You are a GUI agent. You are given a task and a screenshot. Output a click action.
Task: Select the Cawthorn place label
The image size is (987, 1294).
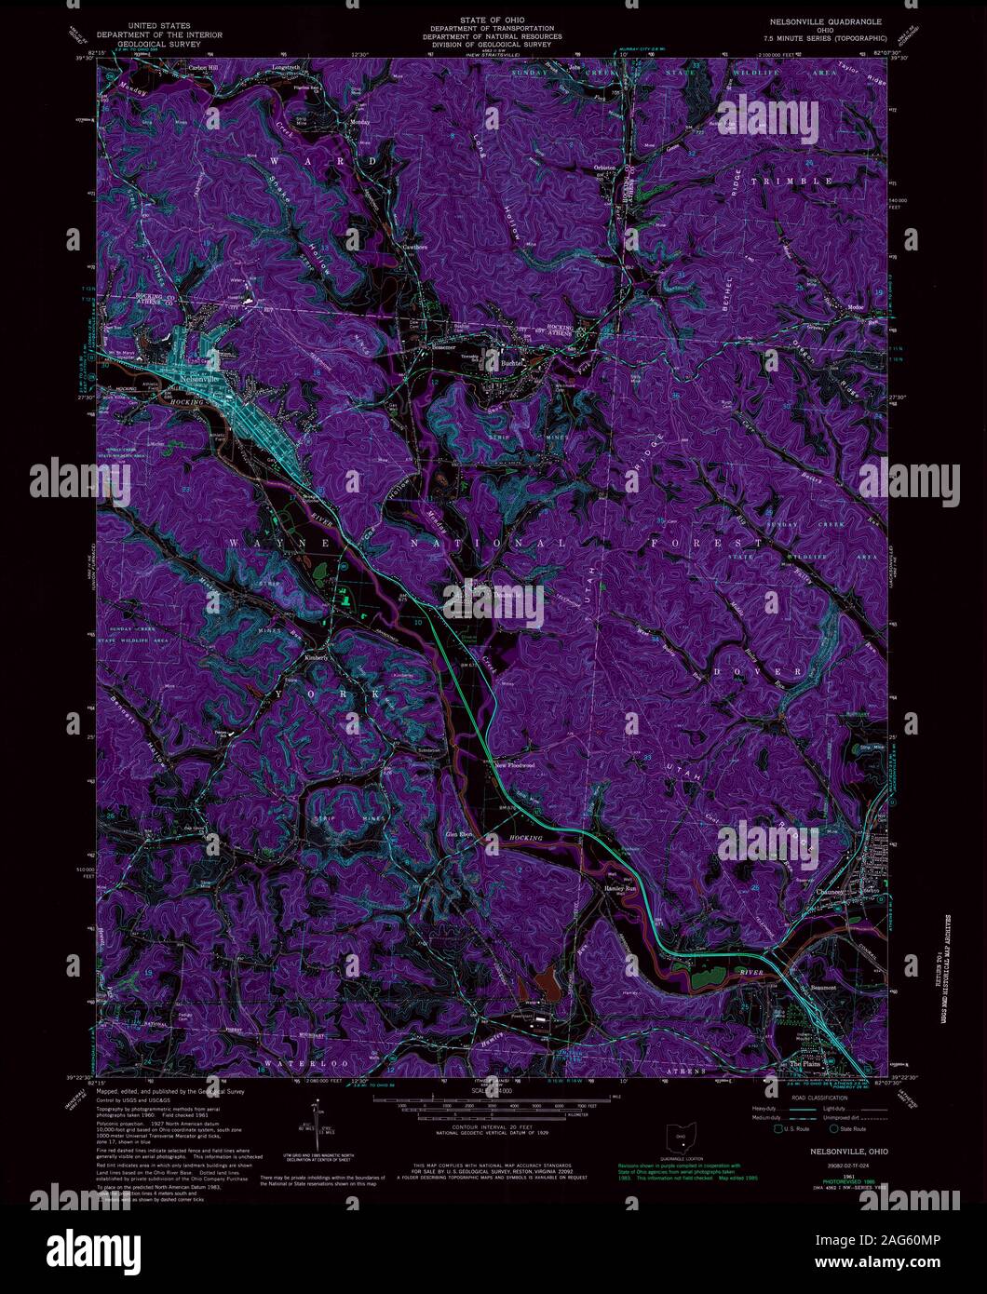415,248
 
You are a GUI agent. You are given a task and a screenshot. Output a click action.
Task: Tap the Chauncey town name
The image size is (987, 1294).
831,891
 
